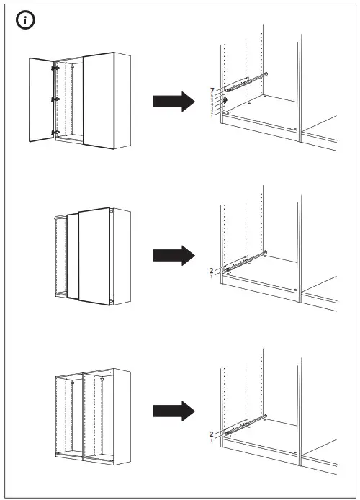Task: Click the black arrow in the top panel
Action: click(174, 102)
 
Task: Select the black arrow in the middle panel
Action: click(174, 255)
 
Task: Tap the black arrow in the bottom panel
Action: click(174, 411)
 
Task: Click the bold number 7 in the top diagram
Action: click(212, 89)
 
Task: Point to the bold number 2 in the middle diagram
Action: click(211, 270)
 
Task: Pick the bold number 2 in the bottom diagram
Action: click(211, 434)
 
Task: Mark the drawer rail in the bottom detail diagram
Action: click(246, 425)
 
